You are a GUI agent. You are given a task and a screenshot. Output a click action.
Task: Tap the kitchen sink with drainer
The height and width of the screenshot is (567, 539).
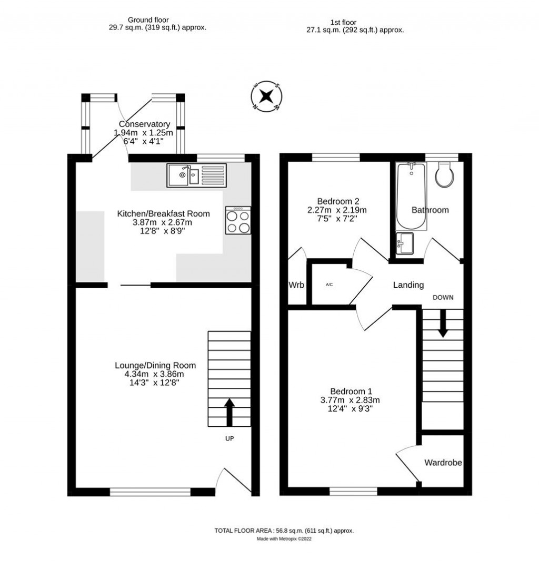(196, 175)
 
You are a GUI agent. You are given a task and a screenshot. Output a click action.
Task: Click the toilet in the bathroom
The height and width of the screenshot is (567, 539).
(445, 174)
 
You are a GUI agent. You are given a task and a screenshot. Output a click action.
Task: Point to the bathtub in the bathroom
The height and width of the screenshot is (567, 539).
(412, 196)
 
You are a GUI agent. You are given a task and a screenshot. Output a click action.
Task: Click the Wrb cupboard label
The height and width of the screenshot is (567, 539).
(296, 285)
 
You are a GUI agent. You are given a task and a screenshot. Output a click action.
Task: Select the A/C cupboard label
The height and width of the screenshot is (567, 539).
(329, 285)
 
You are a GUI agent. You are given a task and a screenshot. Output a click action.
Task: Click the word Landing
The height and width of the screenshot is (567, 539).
(408, 285)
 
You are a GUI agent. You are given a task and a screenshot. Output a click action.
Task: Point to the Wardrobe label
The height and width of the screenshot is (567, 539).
(443, 463)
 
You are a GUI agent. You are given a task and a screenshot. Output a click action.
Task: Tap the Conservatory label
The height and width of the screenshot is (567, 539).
(144, 124)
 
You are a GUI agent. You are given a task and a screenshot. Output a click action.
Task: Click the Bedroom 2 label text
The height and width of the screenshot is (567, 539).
(338, 201)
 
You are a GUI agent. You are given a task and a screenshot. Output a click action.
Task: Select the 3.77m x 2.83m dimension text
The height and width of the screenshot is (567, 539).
(351, 400)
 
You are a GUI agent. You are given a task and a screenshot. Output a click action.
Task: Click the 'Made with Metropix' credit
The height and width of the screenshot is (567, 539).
(284, 539)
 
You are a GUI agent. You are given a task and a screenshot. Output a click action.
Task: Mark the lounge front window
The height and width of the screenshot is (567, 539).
(150, 492)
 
